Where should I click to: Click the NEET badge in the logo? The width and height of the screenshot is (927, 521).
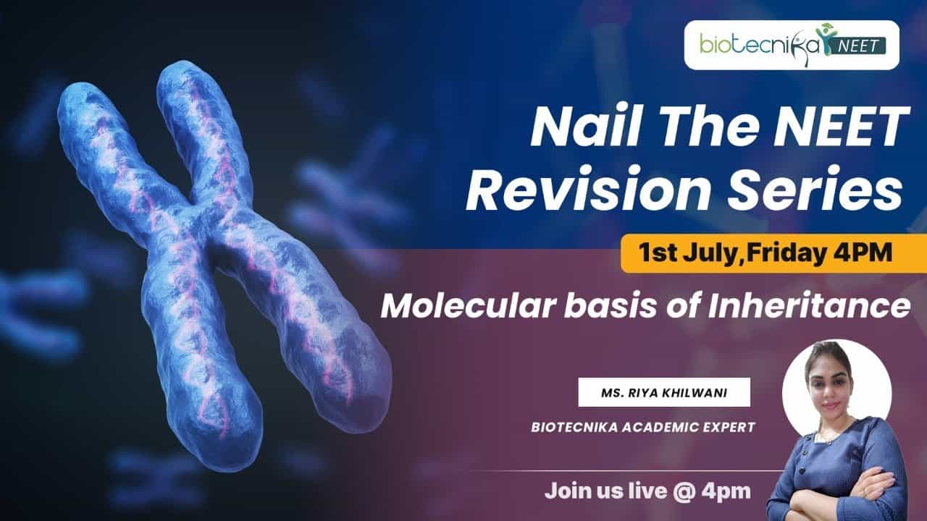858,46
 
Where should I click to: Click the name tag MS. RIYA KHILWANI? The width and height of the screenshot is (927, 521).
664,392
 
